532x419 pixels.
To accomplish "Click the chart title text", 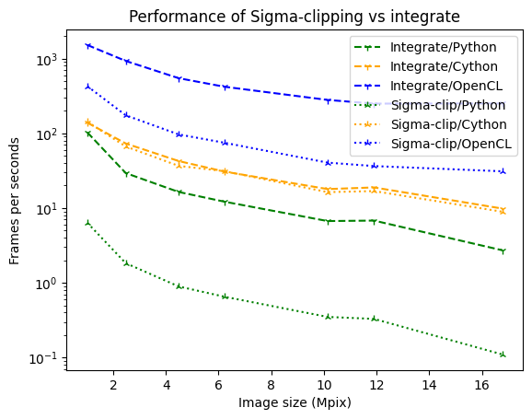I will coord(293,16).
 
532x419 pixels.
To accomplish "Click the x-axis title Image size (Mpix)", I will coord(295,402).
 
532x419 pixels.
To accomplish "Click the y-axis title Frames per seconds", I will coord(15,200).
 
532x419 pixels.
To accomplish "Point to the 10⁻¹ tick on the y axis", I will coord(45,358).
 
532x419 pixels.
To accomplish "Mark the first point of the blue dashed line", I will coord(87,45).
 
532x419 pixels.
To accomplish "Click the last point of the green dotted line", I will coord(503,355).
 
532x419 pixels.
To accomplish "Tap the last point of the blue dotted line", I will coord(503,171).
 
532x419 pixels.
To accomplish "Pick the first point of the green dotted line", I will coord(87,222).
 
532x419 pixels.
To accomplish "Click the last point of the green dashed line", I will coord(503,250).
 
